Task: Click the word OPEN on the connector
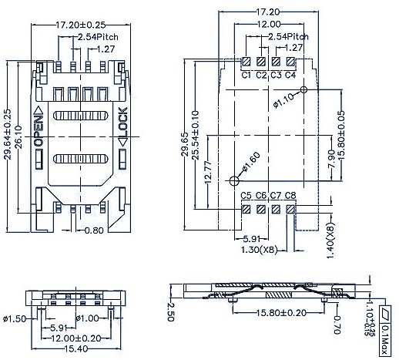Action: coord(38,131)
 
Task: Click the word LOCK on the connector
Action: coord(123,122)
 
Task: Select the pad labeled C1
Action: coord(246,62)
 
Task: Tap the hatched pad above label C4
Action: coord(290,62)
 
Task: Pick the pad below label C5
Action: coord(246,210)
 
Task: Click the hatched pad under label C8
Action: coord(290,210)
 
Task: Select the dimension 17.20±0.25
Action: coord(81,25)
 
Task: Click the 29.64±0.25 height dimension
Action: coord(8,134)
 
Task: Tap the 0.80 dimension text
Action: coord(94,230)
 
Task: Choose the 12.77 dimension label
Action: coord(208,172)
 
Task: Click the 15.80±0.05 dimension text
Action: coord(341,136)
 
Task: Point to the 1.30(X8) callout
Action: coord(260,250)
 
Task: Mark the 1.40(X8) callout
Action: coord(331,241)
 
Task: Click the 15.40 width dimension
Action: coord(76,348)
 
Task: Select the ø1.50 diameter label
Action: coord(15,319)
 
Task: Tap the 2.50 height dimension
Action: coord(170,311)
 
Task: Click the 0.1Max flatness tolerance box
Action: coord(385,331)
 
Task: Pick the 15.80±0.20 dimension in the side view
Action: coord(282,313)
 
